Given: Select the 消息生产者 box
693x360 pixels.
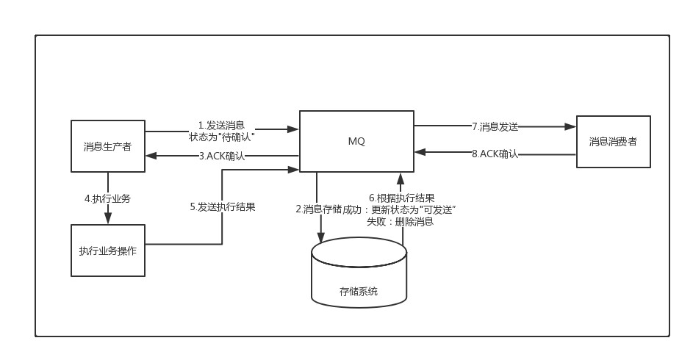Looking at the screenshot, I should [x=107, y=145].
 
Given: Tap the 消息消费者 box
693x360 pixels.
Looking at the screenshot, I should [x=613, y=141].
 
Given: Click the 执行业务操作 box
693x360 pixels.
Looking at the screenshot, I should [x=107, y=251].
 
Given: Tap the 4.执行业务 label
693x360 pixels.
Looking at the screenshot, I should [x=107, y=198].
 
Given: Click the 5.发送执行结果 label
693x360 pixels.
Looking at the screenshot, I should [x=223, y=207].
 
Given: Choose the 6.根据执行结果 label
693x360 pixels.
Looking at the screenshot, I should [x=402, y=198].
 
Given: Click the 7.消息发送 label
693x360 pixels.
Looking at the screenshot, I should [x=495, y=126].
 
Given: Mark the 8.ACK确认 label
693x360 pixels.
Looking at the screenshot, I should [x=495, y=154].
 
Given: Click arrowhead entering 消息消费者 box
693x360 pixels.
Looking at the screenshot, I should [x=571, y=126].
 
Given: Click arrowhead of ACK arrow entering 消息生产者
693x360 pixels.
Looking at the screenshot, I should [x=151, y=156].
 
